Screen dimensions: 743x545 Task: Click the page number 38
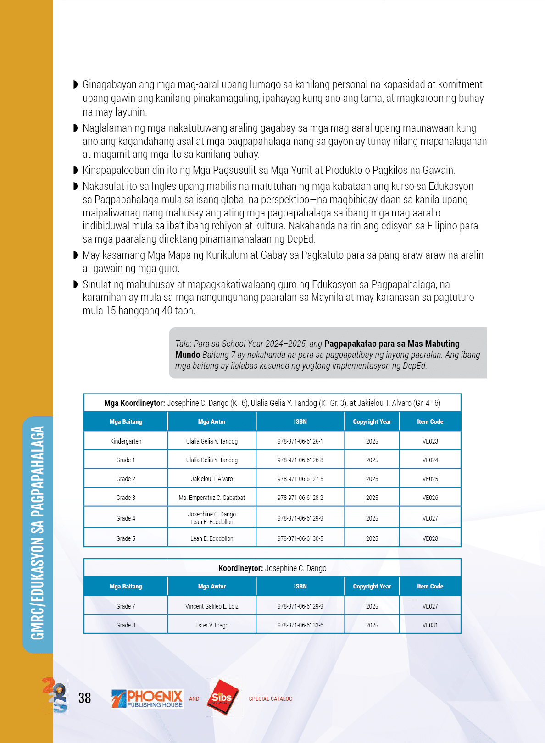[x=84, y=698]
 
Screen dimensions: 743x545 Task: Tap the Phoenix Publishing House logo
[x=147, y=699]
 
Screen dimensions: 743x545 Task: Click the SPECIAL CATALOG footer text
[x=270, y=699]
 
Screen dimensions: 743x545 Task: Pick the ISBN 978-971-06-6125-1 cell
[x=300, y=441]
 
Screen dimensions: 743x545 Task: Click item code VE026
[x=430, y=498]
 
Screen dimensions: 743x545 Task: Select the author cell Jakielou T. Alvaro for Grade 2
[x=211, y=479]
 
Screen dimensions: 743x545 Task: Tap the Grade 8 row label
[x=125, y=625]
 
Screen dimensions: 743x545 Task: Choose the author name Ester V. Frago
[x=211, y=625]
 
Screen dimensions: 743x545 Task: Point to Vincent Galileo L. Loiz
[x=211, y=606]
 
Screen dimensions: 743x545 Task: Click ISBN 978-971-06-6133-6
[x=300, y=625]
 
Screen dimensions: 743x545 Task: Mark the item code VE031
[x=430, y=625]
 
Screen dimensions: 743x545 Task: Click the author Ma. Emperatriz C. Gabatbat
[x=211, y=498]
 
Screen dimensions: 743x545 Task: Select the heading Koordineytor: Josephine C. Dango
[x=272, y=568]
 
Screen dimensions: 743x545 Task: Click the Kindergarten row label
[x=125, y=441]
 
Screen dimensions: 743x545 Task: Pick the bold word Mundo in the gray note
[x=188, y=355]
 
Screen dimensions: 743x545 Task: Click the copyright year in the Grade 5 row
[x=372, y=538]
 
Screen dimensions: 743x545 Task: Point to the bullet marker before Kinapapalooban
[x=76, y=171]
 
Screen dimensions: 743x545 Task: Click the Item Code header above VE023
[x=430, y=421]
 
